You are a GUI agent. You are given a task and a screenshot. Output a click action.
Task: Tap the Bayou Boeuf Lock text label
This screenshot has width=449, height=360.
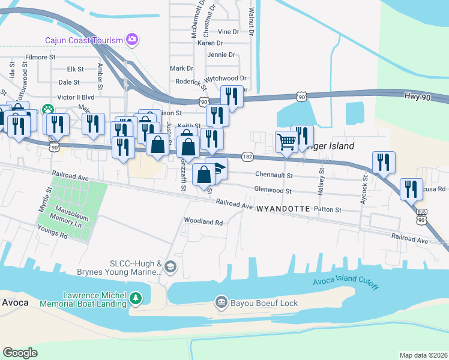click(264, 303)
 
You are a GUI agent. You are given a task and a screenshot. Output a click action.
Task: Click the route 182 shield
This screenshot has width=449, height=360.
click(247, 156)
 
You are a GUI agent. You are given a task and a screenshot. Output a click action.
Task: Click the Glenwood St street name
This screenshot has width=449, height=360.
click(273, 191)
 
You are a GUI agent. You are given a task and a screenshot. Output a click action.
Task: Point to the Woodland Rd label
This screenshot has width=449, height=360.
click(203, 221)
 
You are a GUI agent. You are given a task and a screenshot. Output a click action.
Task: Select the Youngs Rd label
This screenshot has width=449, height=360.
click(52, 235)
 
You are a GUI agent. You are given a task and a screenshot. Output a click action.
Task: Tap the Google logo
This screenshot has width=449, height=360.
click(20, 352)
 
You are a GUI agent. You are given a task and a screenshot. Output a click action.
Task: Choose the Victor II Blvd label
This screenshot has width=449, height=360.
click(76, 97)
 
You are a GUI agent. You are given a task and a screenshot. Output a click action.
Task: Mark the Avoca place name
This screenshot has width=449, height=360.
click(14, 302)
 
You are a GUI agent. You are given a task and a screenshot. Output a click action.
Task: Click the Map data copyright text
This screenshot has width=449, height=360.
click(423, 355)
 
